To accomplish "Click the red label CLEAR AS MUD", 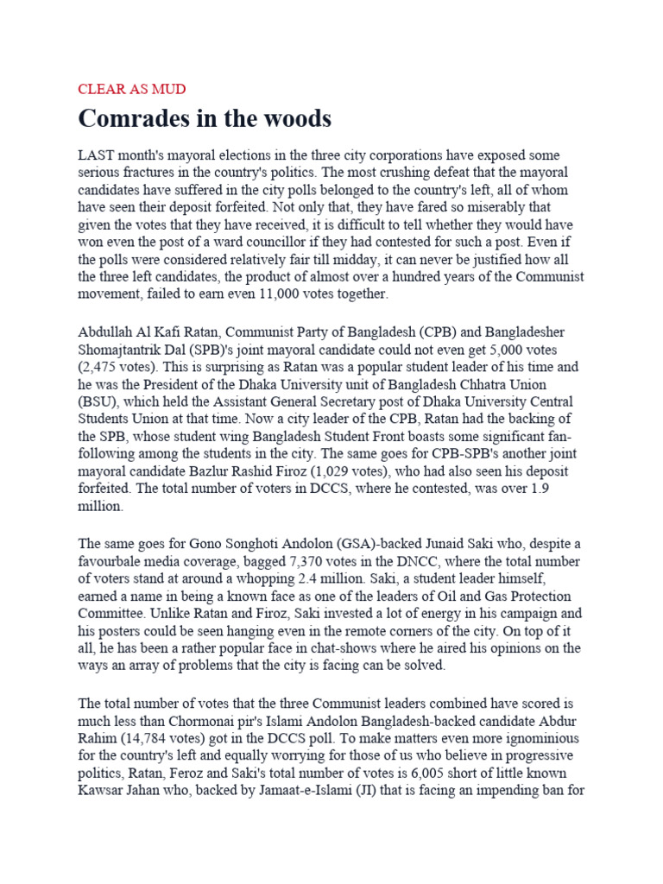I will pos(131,89).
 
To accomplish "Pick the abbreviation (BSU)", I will pos(98,401).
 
